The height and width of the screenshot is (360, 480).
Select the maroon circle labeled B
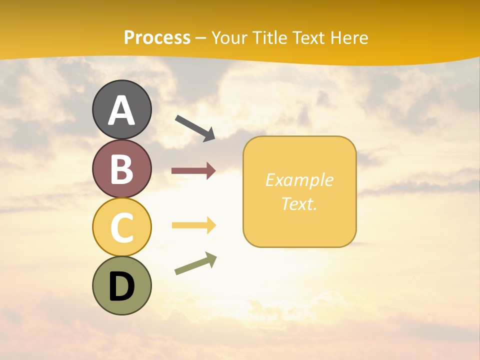pyautogui.click(x=121, y=169)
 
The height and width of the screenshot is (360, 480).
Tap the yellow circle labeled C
pyautogui.click(x=121, y=227)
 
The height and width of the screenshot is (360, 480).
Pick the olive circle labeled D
pyautogui.click(x=121, y=285)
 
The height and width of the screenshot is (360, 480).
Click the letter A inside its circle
pyautogui.click(x=121, y=110)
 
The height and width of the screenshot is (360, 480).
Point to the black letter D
pyautogui.click(x=121, y=287)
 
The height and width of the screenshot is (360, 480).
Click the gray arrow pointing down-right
pyautogui.click(x=195, y=128)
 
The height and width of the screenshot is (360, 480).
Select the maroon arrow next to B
pyautogui.click(x=193, y=171)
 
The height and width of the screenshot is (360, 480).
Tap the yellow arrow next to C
pyautogui.click(x=193, y=225)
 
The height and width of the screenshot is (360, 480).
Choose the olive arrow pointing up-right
pyautogui.click(x=195, y=263)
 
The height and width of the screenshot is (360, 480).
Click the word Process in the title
pyautogui.click(x=157, y=37)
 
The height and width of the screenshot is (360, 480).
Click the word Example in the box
pyautogui.click(x=299, y=180)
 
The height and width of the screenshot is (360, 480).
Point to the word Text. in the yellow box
pyautogui.click(x=299, y=203)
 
